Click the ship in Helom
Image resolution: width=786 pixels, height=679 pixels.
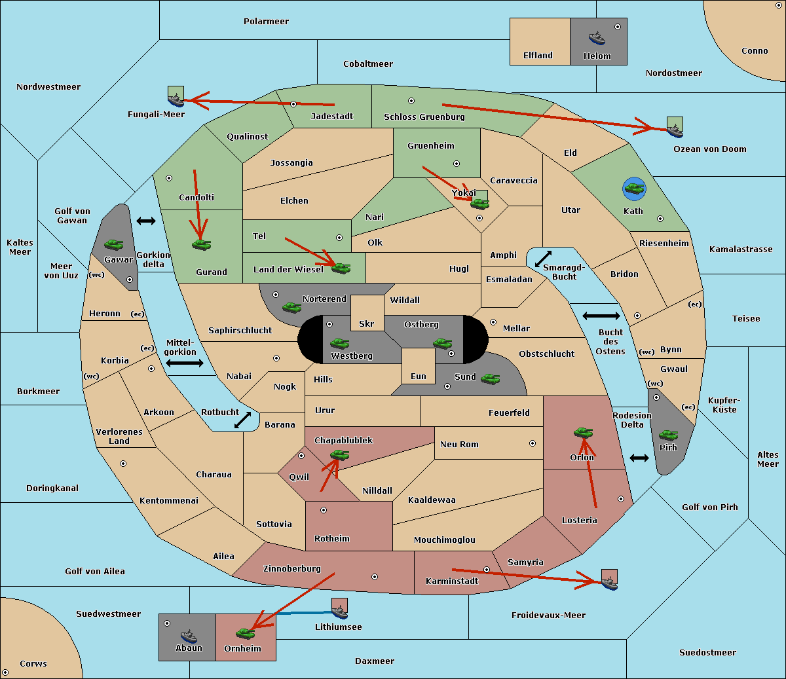[x=597, y=38]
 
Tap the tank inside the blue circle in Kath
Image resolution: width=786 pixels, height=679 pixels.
[x=634, y=188]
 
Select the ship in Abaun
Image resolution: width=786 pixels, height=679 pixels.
[x=189, y=636]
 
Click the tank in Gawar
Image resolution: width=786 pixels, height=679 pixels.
[x=114, y=244]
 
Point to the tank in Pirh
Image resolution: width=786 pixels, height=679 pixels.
[x=669, y=435]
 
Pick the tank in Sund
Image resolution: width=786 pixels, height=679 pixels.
[x=490, y=378]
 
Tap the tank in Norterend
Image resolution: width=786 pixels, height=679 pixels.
[x=291, y=307]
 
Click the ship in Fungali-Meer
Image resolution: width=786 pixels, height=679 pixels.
[x=176, y=100]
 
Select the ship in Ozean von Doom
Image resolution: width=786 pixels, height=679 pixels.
[x=675, y=131]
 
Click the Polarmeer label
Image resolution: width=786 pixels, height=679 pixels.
[x=266, y=22]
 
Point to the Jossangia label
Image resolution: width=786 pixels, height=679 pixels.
[x=291, y=163]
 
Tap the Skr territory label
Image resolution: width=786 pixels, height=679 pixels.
[x=367, y=323]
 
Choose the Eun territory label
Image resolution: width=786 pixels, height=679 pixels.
[x=419, y=376]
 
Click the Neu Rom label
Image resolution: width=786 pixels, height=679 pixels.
[x=459, y=444]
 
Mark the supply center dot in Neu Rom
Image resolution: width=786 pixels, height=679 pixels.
[x=533, y=443]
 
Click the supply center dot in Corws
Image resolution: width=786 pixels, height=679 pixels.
[x=5, y=672]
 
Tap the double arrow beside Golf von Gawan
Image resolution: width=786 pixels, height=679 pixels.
[x=146, y=221]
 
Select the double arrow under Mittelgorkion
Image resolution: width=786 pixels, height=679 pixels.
[x=185, y=363]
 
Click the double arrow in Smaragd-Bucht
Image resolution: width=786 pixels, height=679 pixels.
[x=543, y=259]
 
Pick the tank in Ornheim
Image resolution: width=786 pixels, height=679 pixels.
[x=245, y=633]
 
